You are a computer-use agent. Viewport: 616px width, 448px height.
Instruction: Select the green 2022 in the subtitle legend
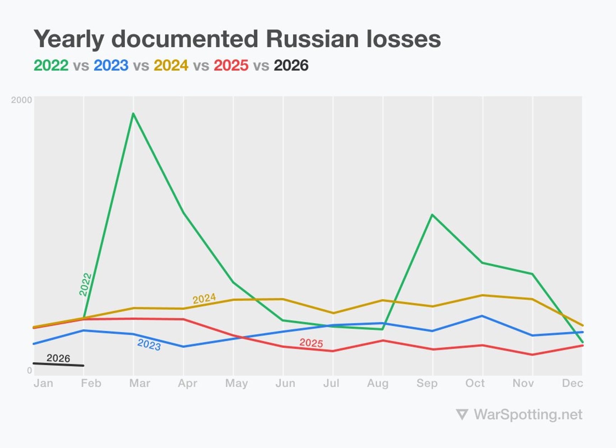(x=51, y=65)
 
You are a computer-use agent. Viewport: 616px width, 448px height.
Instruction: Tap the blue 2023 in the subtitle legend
(x=111, y=65)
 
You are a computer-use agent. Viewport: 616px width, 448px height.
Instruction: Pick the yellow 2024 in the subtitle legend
(x=171, y=65)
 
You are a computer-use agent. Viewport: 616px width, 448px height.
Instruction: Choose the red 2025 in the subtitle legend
(x=231, y=65)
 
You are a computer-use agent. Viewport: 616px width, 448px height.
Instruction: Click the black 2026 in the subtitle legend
(x=291, y=65)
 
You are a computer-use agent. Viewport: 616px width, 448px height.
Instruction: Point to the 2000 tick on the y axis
(x=21, y=100)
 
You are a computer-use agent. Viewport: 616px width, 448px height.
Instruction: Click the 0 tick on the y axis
(x=30, y=370)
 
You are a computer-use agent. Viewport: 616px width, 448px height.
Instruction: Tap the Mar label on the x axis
(x=139, y=383)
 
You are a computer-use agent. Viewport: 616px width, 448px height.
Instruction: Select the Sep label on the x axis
(x=427, y=383)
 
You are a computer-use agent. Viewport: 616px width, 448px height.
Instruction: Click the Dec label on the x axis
(x=572, y=383)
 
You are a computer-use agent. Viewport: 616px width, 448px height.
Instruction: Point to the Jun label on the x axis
(x=285, y=383)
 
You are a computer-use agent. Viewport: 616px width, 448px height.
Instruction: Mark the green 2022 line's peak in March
(x=133, y=114)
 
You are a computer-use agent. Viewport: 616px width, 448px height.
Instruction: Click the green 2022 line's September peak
(x=432, y=215)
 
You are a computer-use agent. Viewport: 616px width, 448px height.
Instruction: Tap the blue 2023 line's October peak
(x=482, y=316)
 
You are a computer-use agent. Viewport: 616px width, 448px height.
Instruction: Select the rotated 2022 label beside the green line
(x=85, y=284)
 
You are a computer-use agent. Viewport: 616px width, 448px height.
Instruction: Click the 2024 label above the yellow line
(x=204, y=298)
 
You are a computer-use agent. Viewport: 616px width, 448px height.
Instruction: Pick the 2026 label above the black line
(x=58, y=358)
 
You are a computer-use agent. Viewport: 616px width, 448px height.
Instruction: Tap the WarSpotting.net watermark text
(x=528, y=415)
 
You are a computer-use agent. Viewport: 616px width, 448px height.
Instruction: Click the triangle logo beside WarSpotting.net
(x=462, y=415)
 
